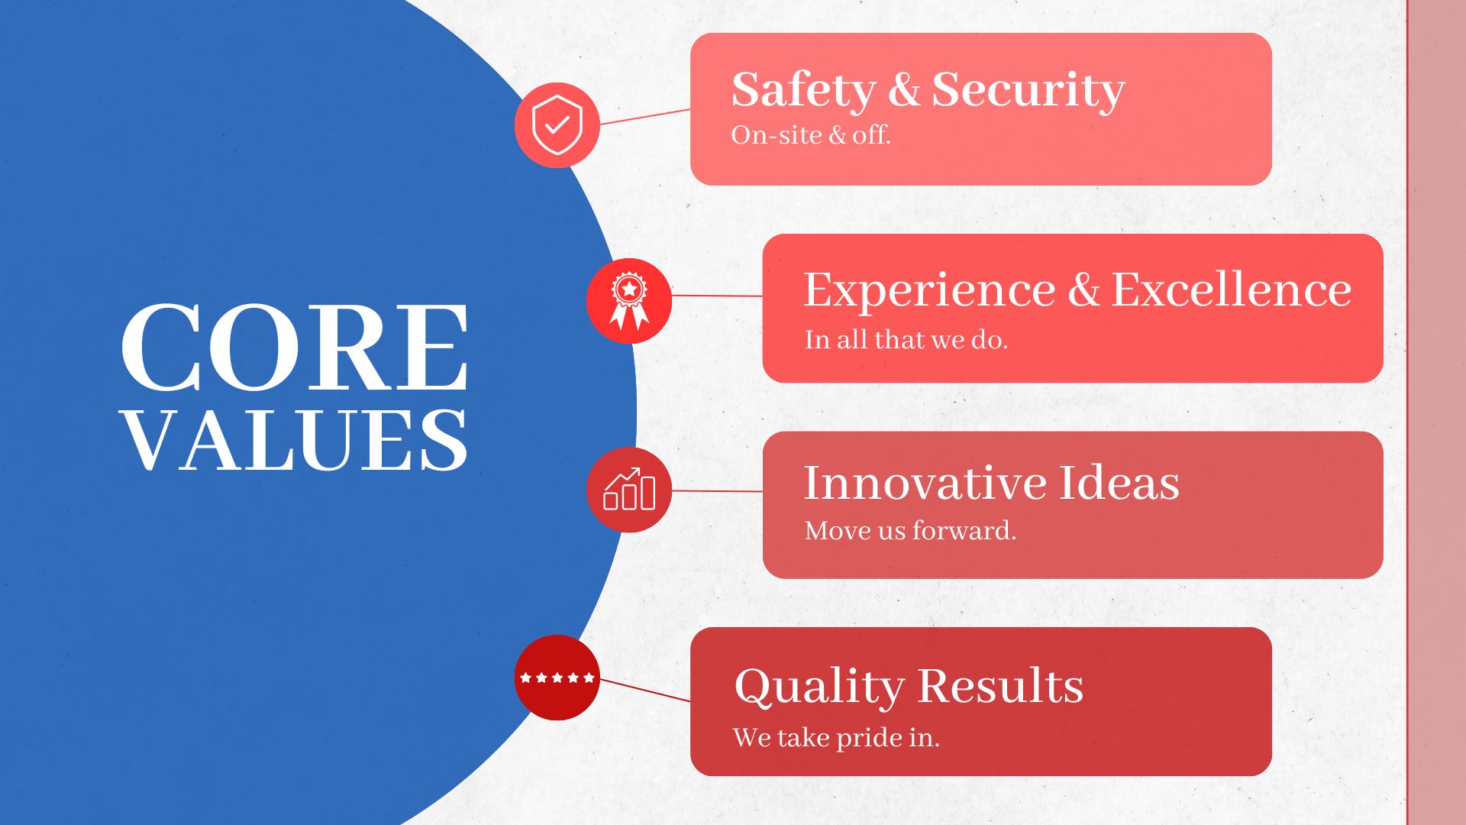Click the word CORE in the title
pyautogui.click(x=295, y=348)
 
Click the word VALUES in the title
pyautogui.click(x=295, y=440)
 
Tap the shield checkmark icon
pyautogui.click(x=557, y=125)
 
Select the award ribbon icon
pyautogui.click(x=629, y=301)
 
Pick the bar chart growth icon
pyautogui.click(x=629, y=489)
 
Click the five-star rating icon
pyautogui.click(x=557, y=678)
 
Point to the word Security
pyautogui.click(x=1028, y=90)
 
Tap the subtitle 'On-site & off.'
pyautogui.click(x=811, y=135)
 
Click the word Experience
pyautogui.click(x=929, y=290)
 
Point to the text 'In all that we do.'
pyautogui.click(x=906, y=339)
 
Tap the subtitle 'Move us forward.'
pyautogui.click(x=910, y=530)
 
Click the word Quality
pyautogui.click(x=819, y=687)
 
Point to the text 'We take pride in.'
pyautogui.click(x=836, y=738)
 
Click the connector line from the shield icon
pyautogui.click(x=645, y=117)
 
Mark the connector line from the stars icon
pyautogui.click(x=645, y=690)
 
